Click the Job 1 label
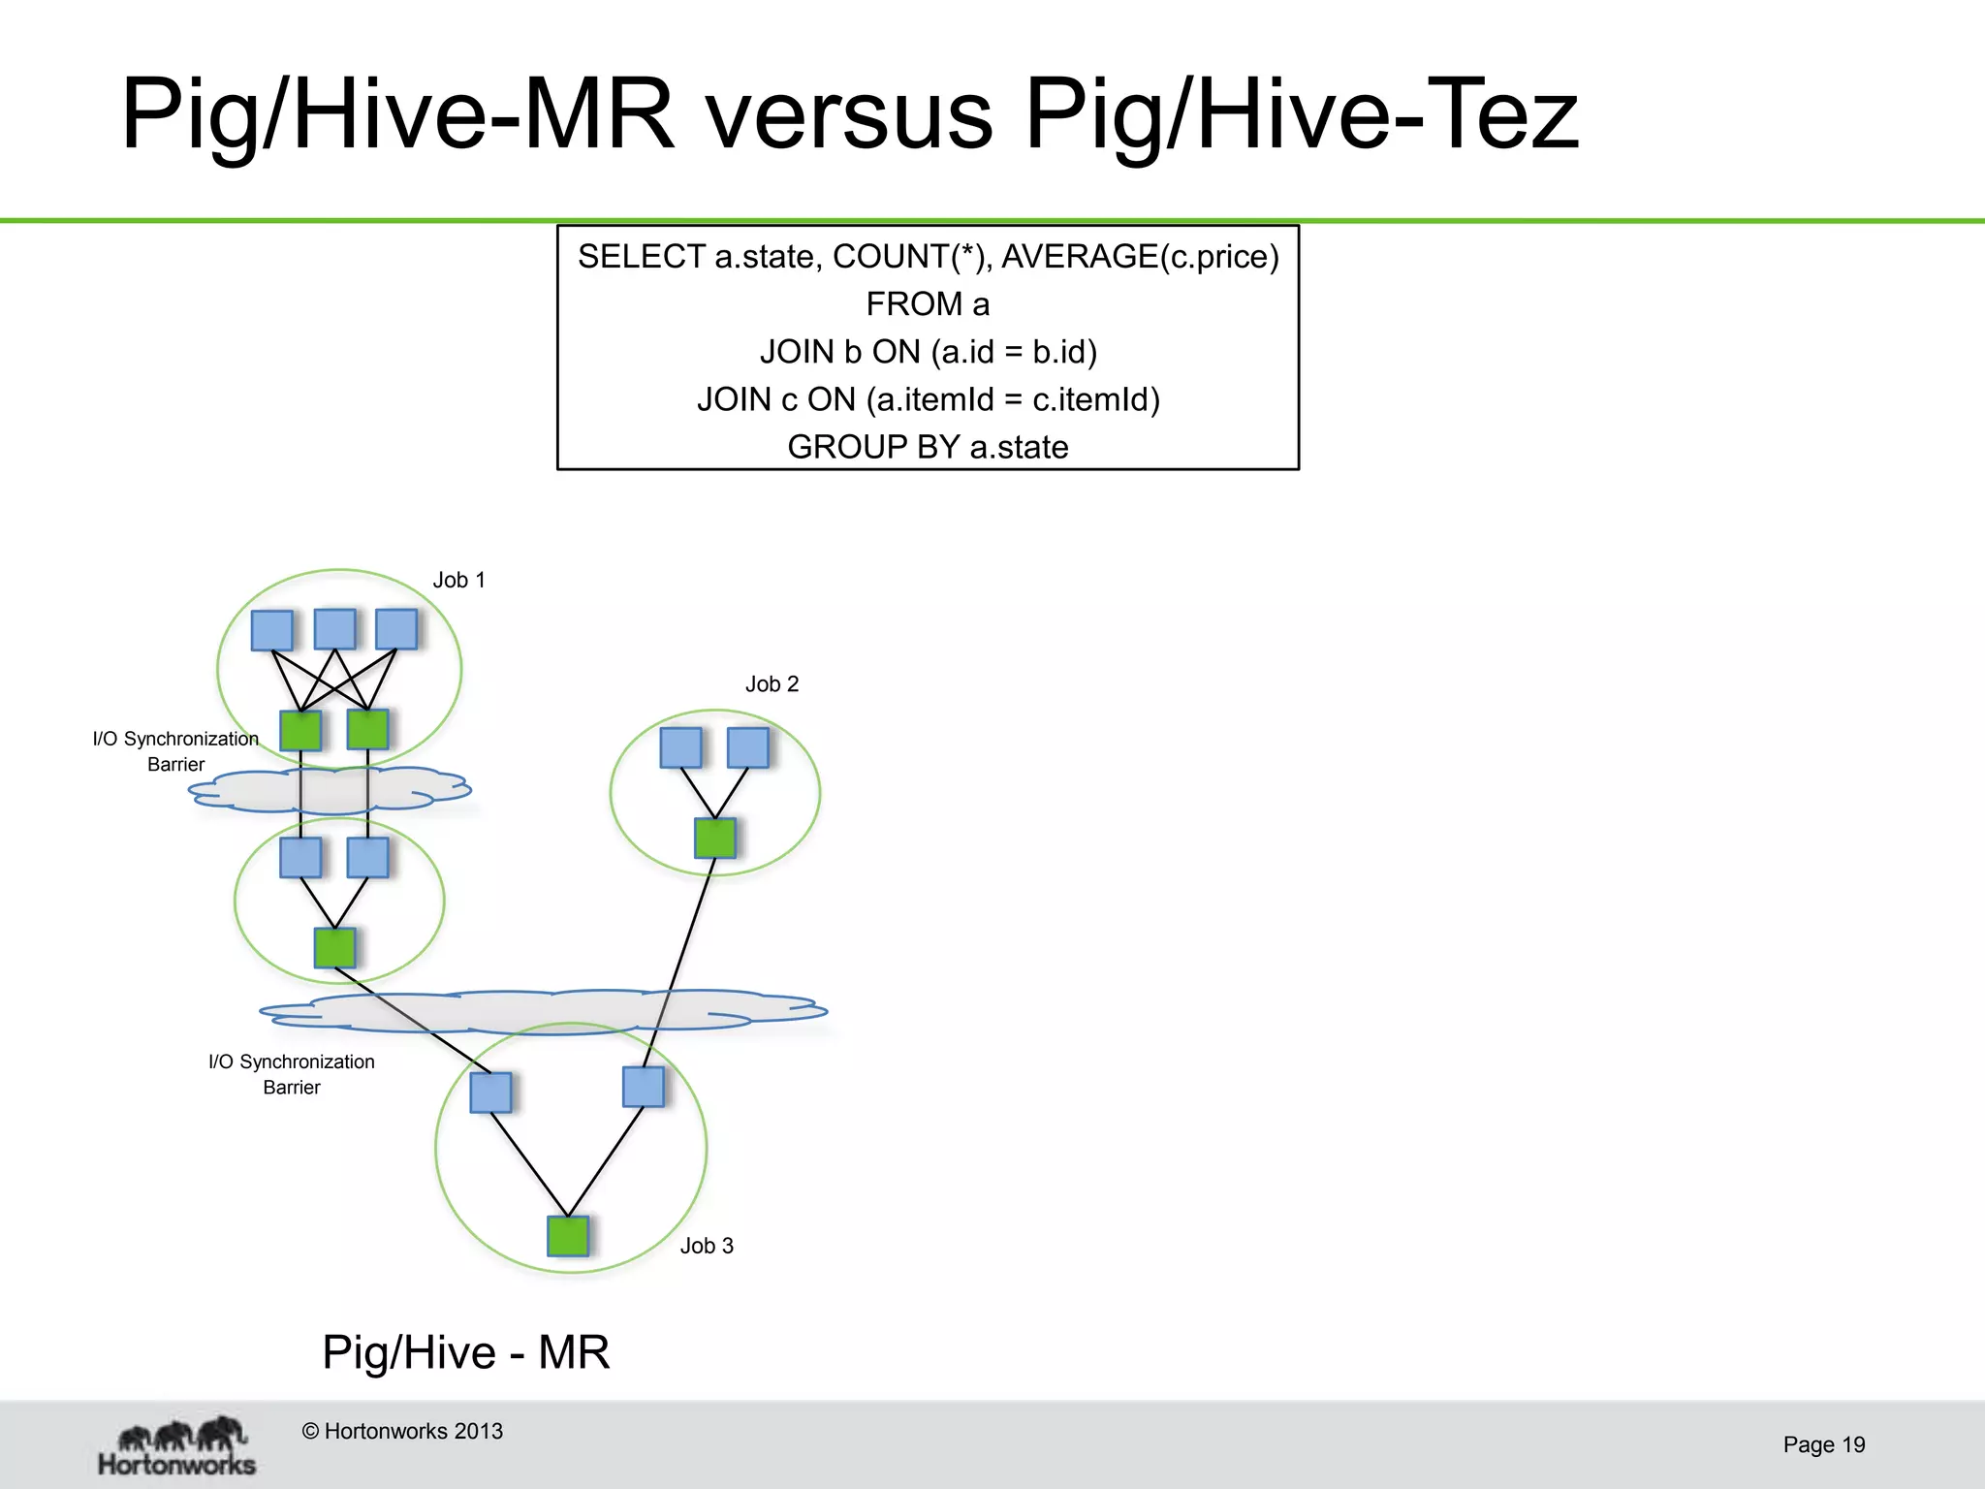(x=458, y=580)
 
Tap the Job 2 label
(x=772, y=684)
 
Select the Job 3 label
(x=707, y=1246)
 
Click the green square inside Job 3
(x=568, y=1236)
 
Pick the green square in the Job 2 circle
(x=715, y=839)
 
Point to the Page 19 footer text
(x=1823, y=1444)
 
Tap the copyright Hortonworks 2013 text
(x=402, y=1431)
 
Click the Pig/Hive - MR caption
(x=466, y=1352)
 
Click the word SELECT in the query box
(x=641, y=257)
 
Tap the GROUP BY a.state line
(x=928, y=447)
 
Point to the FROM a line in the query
(x=928, y=304)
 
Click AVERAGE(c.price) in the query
(x=1140, y=257)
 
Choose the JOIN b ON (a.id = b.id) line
(x=928, y=352)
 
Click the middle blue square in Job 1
(x=335, y=629)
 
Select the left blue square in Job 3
(x=490, y=1093)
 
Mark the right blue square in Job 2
(x=747, y=747)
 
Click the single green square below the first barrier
(x=334, y=948)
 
